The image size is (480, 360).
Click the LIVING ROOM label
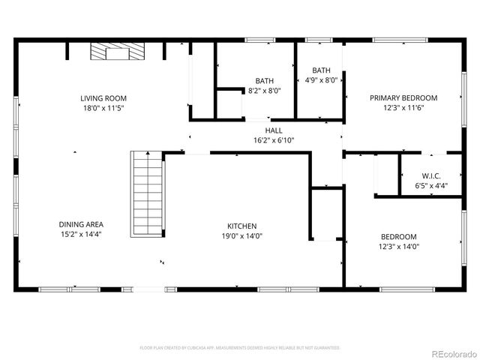103,98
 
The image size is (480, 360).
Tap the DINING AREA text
81,224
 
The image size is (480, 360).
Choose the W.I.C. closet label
430,176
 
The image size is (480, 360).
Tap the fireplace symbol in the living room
117,51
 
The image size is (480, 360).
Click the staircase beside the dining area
147,193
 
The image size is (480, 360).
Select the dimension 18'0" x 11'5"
103,109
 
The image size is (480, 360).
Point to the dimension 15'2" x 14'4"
81,235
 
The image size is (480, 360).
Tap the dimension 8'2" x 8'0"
264,91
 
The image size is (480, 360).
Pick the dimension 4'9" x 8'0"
321,80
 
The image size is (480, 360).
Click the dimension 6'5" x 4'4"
430,186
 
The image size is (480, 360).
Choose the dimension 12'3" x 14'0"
399,246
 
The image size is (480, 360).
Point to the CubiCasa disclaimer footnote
240,348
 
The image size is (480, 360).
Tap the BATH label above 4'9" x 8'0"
321,70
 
